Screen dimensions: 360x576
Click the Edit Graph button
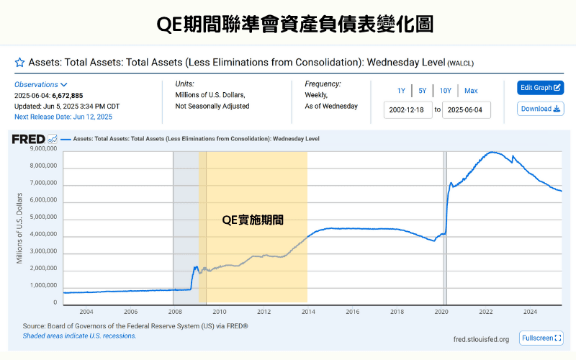pos(540,88)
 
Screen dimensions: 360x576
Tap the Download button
pos(540,109)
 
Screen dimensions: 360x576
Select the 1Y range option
pos(401,91)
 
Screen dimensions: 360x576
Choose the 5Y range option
pos(423,91)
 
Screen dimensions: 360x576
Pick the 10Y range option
pos(446,91)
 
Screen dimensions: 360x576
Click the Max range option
pos(471,91)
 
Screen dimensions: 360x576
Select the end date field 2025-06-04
pos(465,110)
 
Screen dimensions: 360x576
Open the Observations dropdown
pos(41,84)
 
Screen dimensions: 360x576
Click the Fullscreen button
pos(541,338)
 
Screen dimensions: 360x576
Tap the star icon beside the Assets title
pos(20,63)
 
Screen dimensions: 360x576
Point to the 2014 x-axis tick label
pos(308,312)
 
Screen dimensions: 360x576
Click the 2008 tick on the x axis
pos(175,312)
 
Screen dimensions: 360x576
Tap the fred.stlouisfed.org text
pos(481,339)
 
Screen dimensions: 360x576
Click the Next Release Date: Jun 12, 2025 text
pos(63,117)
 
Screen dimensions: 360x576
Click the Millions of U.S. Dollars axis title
pos(19,228)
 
